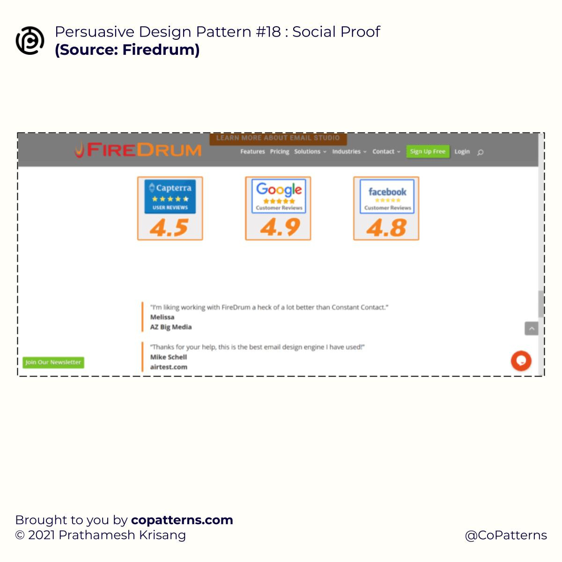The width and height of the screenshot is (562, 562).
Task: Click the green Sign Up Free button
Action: tap(428, 152)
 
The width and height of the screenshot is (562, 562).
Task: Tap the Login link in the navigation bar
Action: tap(462, 152)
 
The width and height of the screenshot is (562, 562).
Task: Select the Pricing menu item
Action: tap(280, 152)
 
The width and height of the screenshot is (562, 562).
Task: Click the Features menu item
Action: tap(252, 152)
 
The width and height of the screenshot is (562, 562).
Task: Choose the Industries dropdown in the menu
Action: tap(349, 152)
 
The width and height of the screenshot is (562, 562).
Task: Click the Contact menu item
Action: tap(386, 152)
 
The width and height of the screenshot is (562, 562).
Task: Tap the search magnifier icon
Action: tap(481, 152)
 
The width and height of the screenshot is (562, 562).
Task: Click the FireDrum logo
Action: tap(139, 150)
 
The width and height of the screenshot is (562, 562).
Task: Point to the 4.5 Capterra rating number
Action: tap(170, 228)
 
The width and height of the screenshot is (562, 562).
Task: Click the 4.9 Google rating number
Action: tap(280, 228)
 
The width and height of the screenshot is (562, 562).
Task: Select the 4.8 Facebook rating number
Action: tap(386, 228)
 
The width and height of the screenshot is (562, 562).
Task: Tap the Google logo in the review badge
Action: tap(279, 190)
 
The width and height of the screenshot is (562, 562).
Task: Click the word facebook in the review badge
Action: tap(387, 192)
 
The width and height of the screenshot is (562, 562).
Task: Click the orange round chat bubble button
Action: tap(521, 361)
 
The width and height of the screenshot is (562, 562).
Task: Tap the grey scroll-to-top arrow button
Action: tap(532, 329)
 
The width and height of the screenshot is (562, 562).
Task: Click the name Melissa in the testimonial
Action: tap(162, 317)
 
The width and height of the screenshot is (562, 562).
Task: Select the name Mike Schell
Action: tap(169, 357)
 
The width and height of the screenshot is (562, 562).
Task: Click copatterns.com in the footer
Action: tap(182, 520)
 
